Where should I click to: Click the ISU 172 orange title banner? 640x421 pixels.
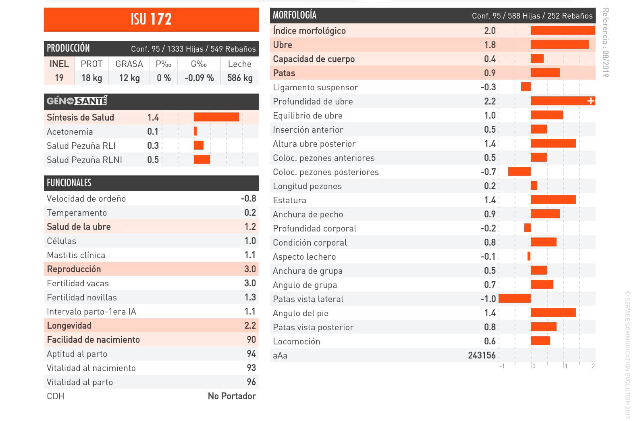(x=151, y=19)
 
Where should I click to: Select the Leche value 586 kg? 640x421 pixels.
(x=240, y=78)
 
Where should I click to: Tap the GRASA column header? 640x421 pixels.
(x=129, y=64)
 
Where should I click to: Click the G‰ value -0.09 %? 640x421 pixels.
(x=199, y=78)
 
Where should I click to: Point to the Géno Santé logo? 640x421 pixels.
(x=77, y=101)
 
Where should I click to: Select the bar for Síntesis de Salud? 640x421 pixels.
(x=216, y=117)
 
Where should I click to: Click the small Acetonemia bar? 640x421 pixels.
(x=195, y=131)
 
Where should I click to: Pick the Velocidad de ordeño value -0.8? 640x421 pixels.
(x=248, y=198)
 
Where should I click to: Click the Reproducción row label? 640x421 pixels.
(x=74, y=269)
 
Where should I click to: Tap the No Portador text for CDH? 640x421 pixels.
(x=232, y=396)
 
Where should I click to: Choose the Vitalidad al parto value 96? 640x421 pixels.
(x=251, y=382)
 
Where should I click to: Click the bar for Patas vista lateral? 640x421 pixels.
(x=515, y=299)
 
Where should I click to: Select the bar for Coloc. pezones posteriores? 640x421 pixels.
(x=519, y=172)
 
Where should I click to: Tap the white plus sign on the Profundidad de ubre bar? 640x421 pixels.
(x=591, y=101)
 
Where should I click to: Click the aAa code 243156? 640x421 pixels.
(x=482, y=355)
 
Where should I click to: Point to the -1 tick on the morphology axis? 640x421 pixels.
(x=502, y=366)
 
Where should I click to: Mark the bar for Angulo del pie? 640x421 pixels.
(x=553, y=313)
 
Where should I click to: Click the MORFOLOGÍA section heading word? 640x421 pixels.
(x=295, y=15)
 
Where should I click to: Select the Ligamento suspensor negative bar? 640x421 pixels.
(x=526, y=87)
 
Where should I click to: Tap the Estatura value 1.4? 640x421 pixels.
(x=490, y=200)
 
